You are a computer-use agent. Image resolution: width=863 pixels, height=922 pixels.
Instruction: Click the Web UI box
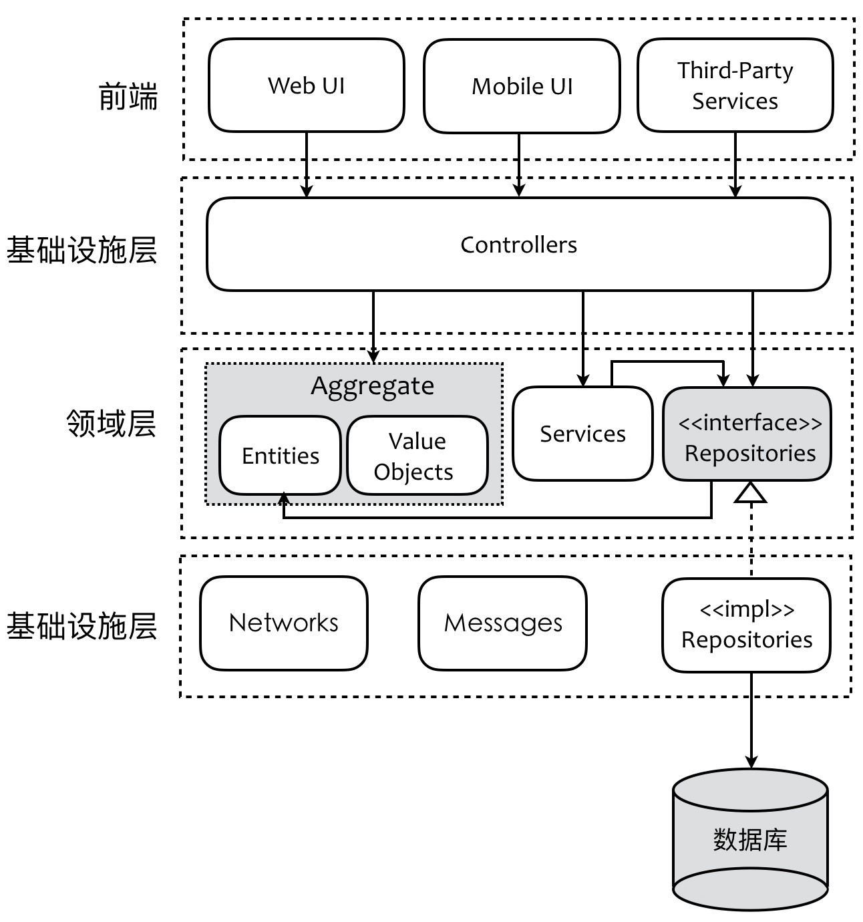[x=307, y=86]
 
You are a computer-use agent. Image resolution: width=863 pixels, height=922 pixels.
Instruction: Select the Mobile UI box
[x=522, y=86]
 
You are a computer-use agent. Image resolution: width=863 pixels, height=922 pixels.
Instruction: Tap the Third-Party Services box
[x=735, y=86]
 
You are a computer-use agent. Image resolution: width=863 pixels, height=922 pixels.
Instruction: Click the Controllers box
[x=518, y=245]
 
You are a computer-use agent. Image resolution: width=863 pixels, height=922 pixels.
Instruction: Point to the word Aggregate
[x=372, y=386]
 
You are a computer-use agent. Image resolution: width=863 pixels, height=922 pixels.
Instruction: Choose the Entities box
[x=281, y=456]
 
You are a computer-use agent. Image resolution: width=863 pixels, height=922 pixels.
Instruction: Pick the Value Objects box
[x=417, y=456]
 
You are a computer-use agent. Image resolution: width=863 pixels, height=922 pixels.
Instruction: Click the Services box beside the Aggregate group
[x=582, y=434]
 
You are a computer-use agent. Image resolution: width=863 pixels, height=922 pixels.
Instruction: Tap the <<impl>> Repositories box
[x=746, y=625]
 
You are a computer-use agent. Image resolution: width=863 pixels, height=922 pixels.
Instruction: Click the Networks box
[x=284, y=623]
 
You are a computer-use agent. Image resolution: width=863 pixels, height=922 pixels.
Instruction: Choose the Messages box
[x=502, y=623]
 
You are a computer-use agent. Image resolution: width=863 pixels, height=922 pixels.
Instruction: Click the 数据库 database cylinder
[x=750, y=839]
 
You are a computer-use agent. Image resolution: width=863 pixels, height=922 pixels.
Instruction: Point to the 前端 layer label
[x=128, y=97]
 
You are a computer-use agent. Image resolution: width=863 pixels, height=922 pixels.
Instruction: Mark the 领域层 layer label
[x=111, y=424]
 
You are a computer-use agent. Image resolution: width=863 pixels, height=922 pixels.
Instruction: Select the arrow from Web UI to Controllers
[x=307, y=164]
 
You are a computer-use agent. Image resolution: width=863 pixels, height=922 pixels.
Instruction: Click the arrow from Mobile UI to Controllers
[x=519, y=164]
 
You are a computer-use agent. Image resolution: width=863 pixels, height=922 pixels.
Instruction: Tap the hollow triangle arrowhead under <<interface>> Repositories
[x=751, y=492]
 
